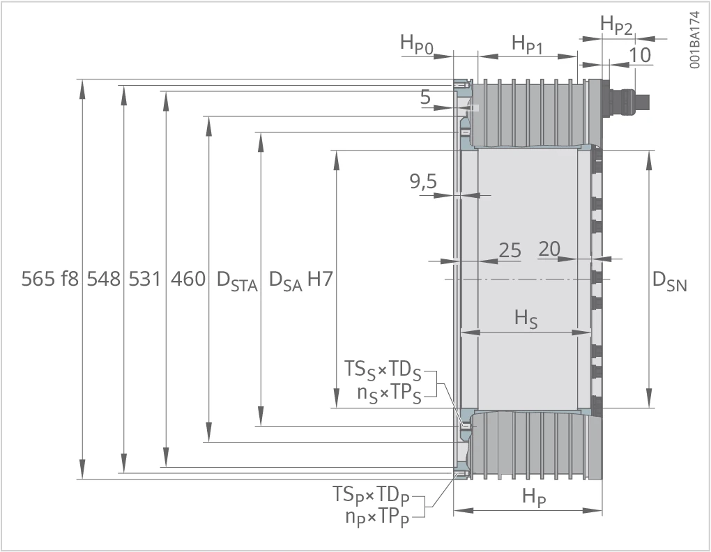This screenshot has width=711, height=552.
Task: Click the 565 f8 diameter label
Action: [50, 279]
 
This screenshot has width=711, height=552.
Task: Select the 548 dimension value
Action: [104, 279]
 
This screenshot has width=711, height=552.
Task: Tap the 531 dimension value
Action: [145, 279]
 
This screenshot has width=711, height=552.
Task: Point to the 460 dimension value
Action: [188, 279]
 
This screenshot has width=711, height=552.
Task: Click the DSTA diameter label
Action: [237, 281]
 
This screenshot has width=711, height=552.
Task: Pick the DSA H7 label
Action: [301, 281]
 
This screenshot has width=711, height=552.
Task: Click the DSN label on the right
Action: [670, 282]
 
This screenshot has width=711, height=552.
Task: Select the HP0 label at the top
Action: [417, 45]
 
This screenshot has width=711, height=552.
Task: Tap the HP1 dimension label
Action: [528, 45]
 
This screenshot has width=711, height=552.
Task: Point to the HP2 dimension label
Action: [616, 25]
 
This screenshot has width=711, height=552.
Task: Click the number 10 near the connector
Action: [641, 55]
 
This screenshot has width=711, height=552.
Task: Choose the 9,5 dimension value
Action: [424, 182]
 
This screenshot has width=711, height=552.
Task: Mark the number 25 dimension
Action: [510, 250]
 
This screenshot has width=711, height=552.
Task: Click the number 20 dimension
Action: [549, 249]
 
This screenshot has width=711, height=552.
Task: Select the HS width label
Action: [526, 319]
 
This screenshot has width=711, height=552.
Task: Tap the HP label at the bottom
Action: [534, 497]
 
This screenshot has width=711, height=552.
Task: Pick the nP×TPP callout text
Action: [377, 517]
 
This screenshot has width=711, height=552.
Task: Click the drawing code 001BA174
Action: [695, 40]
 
